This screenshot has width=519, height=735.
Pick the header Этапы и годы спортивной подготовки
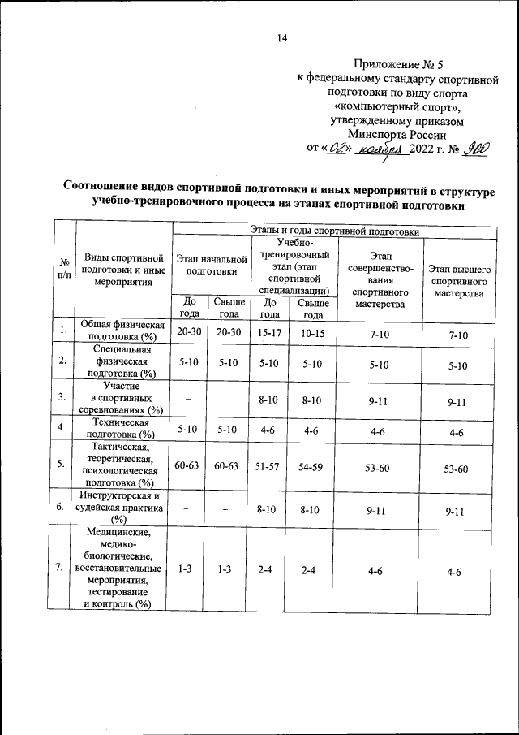(x=335, y=231)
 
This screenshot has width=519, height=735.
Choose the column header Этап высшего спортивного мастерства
(x=459, y=280)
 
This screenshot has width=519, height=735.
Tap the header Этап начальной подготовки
(x=211, y=265)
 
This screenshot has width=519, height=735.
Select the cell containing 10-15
(x=307, y=335)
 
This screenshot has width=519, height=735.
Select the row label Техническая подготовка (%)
(x=122, y=428)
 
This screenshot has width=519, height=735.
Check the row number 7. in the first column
(x=61, y=567)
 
